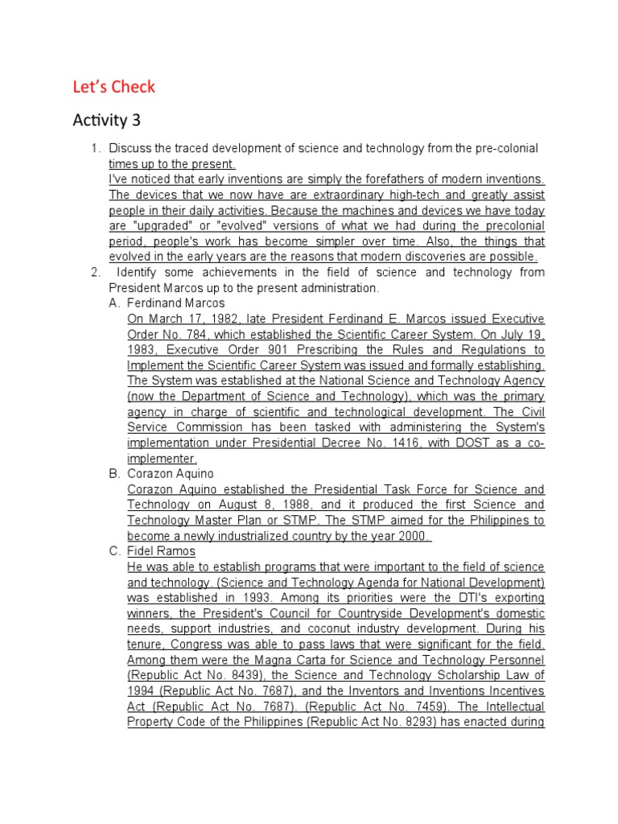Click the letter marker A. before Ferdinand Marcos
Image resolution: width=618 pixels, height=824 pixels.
(x=114, y=303)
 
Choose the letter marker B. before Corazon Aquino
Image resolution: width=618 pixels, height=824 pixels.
(x=114, y=474)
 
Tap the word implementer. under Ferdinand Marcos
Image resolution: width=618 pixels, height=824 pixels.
(x=162, y=459)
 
